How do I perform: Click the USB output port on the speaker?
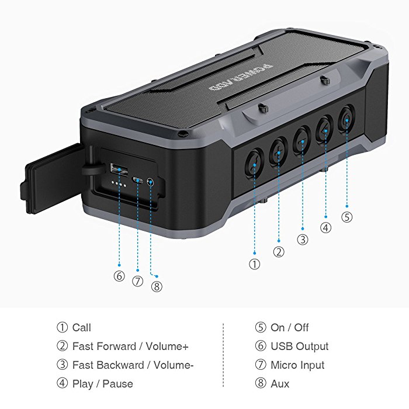click(x=119, y=169)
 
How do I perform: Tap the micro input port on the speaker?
click(x=137, y=180)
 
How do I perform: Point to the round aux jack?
click(x=150, y=182)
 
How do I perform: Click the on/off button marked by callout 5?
click(x=347, y=118)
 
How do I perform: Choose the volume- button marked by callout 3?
click(x=302, y=140)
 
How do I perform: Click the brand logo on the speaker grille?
click(x=241, y=78)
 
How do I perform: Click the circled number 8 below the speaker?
click(x=157, y=287)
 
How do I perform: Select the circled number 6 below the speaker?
click(x=119, y=276)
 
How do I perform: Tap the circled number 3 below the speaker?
click(x=303, y=240)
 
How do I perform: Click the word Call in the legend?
click(x=82, y=328)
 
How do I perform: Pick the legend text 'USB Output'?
click(x=299, y=346)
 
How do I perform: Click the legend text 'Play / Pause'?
click(x=102, y=384)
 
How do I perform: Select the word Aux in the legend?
click(x=280, y=384)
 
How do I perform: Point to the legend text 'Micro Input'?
click(x=297, y=365)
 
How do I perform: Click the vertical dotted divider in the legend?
click(x=223, y=355)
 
